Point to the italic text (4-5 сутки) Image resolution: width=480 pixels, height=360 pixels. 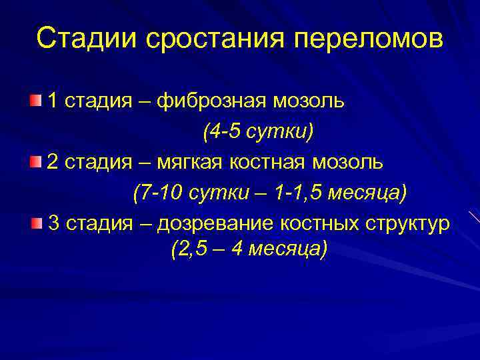point(257,132)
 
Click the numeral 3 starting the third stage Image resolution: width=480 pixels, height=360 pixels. point(55,223)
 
